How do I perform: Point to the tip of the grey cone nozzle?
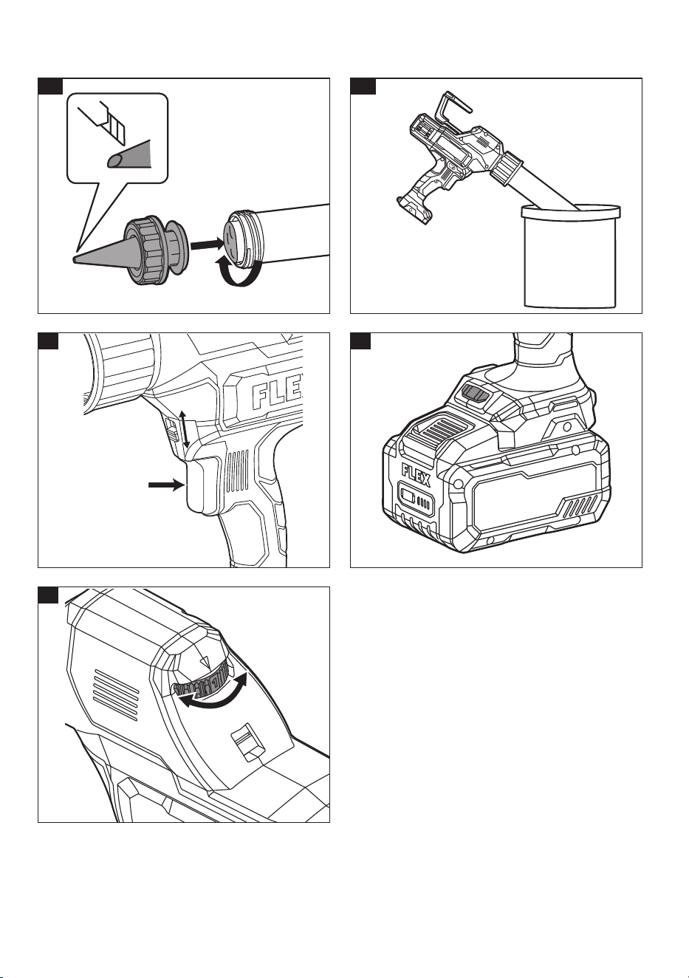pyautogui.click(x=75, y=259)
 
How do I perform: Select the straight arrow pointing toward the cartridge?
pyautogui.click(x=208, y=245)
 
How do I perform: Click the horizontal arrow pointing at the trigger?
pyautogui.click(x=165, y=485)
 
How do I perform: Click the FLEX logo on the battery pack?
pyautogui.click(x=416, y=475)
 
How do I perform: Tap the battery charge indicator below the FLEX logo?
pyautogui.click(x=415, y=499)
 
